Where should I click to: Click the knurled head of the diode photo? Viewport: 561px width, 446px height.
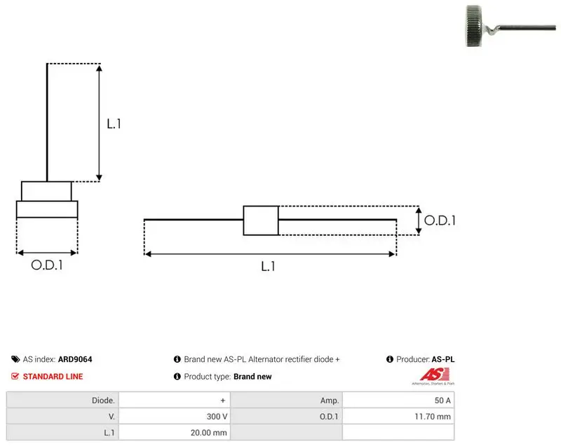[x=474, y=26]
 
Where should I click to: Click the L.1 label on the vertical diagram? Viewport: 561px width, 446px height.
[x=114, y=123]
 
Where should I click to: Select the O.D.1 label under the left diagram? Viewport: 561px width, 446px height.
[x=47, y=265]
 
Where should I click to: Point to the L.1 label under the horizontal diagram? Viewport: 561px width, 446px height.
[x=268, y=266]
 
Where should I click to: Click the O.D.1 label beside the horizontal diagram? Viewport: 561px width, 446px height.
[x=440, y=221]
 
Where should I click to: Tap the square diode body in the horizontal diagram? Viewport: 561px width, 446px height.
[x=261, y=221]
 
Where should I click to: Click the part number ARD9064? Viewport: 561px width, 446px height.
[x=75, y=359]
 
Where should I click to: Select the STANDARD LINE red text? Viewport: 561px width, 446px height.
[x=53, y=377]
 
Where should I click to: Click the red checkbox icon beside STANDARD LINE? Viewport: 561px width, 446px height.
[x=15, y=376]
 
